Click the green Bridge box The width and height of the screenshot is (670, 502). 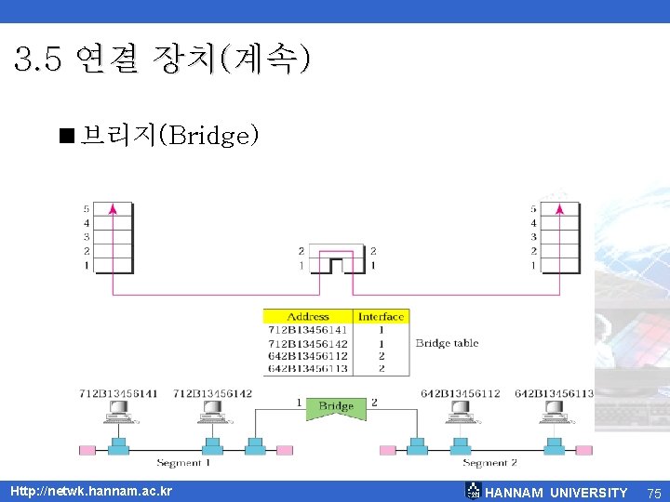tap(336, 407)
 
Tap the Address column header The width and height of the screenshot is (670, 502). tap(308, 316)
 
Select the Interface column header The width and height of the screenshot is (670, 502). tap(382, 316)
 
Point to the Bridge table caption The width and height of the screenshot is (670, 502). tap(447, 343)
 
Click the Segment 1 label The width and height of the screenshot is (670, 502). tap(183, 463)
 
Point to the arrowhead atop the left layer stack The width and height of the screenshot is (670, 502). tap(113, 209)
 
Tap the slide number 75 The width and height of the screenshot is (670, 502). tap(653, 493)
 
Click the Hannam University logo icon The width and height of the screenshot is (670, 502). tap(473, 490)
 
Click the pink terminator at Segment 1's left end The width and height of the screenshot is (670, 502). tap(87, 450)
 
